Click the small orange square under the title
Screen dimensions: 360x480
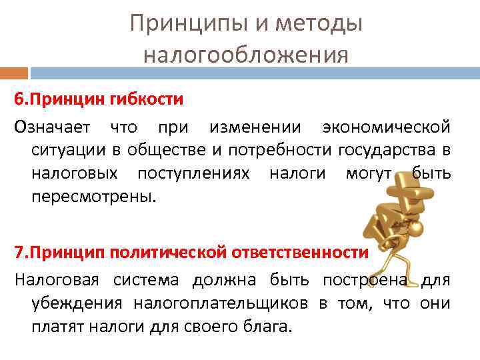click(14, 73)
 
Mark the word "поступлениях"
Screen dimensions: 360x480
click(193, 173)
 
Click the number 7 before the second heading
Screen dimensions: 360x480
click(19, 253)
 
